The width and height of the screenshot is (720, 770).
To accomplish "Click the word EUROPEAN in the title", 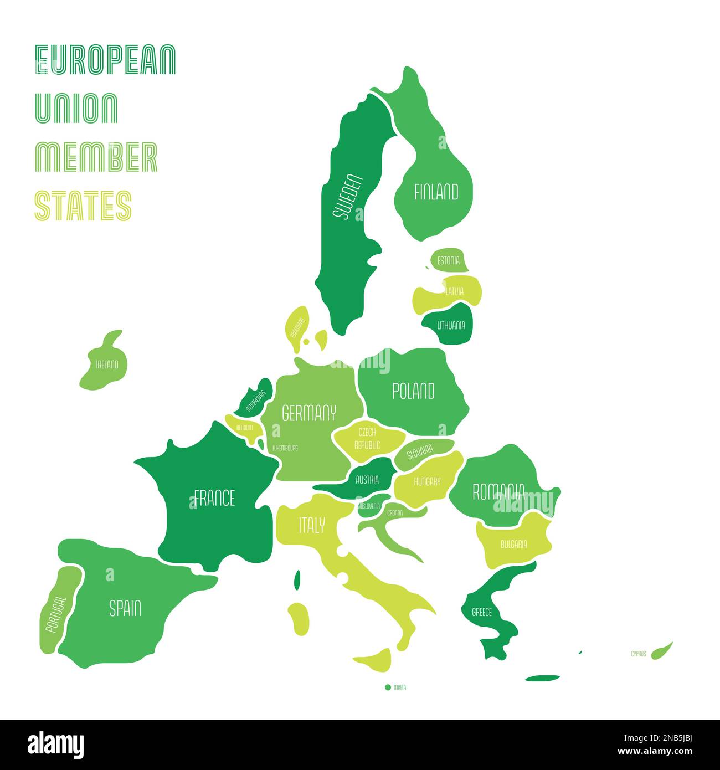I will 105,60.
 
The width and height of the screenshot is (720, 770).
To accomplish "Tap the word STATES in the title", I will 83,206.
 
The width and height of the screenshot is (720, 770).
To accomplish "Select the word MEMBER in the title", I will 96,157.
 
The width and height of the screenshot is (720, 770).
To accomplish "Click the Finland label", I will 436,192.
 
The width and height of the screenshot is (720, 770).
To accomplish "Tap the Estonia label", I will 448,260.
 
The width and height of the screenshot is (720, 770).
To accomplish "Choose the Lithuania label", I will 451,326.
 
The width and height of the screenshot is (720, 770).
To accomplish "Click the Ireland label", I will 107,364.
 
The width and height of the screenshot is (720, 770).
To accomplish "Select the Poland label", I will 413,391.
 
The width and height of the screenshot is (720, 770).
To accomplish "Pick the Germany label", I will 309,413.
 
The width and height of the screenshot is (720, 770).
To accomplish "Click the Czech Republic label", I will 367,438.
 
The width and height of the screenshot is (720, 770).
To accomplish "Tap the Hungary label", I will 426,481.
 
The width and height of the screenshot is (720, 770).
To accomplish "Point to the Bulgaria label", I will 513,544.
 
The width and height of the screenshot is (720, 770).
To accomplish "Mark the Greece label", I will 481,613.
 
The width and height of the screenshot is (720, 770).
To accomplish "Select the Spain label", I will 125,609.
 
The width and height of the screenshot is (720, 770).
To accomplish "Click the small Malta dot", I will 388,687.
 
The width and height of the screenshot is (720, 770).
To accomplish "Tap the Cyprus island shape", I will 661,650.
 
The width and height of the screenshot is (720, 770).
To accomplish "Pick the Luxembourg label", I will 285,448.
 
